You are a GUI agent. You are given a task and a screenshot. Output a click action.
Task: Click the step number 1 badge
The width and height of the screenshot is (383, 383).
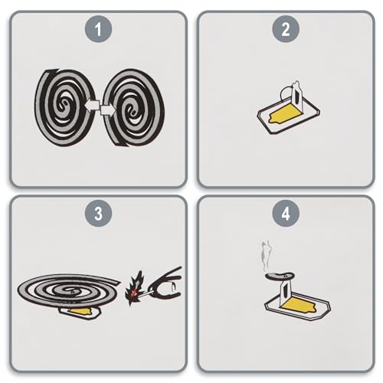click(x=98, y=29)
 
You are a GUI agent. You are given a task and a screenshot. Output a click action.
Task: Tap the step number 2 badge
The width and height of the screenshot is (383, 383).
click(x=286, y=29)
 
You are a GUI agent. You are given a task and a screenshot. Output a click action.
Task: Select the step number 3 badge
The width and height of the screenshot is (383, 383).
click(x=98, y=213)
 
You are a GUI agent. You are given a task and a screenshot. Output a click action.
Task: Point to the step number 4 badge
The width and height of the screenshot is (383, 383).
click(x=286, y=213)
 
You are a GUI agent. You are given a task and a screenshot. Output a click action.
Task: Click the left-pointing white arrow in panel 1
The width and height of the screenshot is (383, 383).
click(x=92, y=105)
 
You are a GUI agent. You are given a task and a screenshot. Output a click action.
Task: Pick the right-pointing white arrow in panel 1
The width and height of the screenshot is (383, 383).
click(x=108, y=110)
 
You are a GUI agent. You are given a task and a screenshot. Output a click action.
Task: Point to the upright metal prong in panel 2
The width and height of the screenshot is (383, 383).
click(x=296, y=97)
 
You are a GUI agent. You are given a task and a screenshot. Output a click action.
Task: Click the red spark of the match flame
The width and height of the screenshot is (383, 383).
click(x=133, y=293)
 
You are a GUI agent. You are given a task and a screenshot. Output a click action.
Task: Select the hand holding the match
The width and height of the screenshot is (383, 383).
click(x=166, y=283)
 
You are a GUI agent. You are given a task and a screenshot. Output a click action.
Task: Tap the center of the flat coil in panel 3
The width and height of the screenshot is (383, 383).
click(x=70, y=290)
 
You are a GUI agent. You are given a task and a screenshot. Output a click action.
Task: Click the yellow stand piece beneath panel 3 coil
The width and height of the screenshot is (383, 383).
click(x=82, y=311)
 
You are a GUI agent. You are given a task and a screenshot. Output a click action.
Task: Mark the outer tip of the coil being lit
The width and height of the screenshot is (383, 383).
click(x=119, y=282)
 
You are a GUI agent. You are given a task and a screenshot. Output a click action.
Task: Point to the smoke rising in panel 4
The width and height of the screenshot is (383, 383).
click(x=266, y=256)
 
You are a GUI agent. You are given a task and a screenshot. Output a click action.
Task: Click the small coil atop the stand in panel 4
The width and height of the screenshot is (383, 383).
click(x=280, y=276)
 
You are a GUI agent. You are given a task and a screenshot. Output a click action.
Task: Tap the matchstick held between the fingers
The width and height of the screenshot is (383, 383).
click(x=146, y=293)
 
